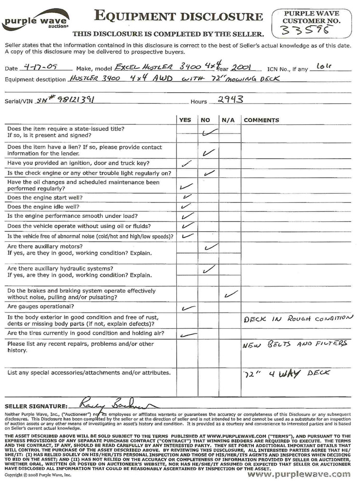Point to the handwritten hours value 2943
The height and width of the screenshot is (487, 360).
pyautogui.click(x=230, y=99)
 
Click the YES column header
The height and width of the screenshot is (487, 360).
pyautogui.click(x=185, y=120)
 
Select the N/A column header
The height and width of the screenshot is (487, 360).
pyautogui.click(x=228, y=120)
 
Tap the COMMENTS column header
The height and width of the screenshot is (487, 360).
pyautogui.click(x=261, y=120)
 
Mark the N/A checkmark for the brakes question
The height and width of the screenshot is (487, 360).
pyautogui.click(x=230, y=294)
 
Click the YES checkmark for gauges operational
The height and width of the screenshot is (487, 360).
pyautogui.click(x=188, y=308)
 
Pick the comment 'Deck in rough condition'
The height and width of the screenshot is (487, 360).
pyautogui.click(x=298, y=319)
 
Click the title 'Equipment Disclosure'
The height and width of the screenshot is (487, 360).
pyautogui.click(x=178, y=17)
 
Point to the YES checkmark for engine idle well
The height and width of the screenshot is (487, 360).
pyautogui.click(x=186, y=207)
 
